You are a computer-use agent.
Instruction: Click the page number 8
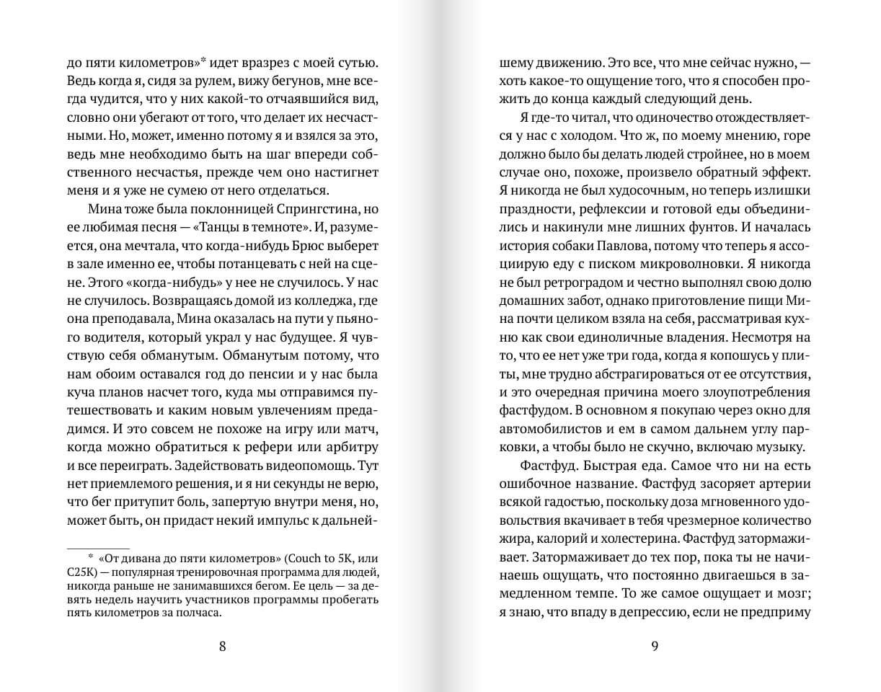point(222,646)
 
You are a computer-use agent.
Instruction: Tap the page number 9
point(655,646)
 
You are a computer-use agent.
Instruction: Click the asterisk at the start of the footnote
point(91,558)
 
